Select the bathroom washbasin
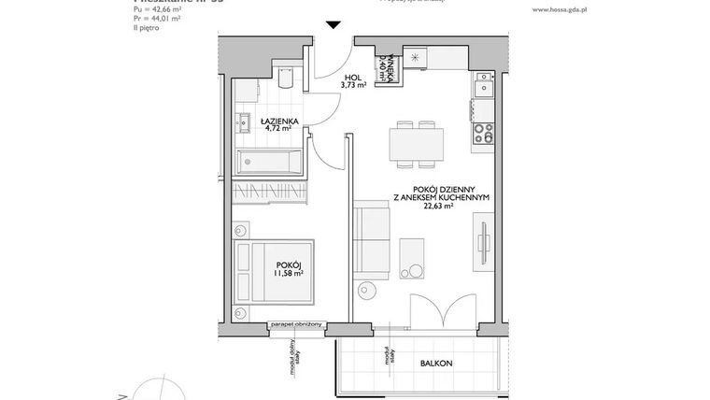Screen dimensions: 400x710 244,119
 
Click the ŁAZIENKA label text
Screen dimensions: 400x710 279,121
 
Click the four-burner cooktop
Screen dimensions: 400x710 484,134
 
